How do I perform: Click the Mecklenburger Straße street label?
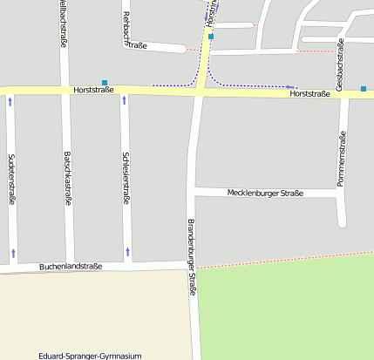point(265,193)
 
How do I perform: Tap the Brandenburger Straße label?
point(193,258)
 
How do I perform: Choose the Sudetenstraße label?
point(11,179)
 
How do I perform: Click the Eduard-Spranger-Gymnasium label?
point(90,356)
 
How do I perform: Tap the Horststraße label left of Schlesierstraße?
point(94,90)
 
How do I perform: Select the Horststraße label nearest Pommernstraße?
point(309,93)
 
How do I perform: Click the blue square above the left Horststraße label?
point(105,83)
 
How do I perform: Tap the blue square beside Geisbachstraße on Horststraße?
point(364,89)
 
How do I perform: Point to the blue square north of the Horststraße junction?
point(211,37)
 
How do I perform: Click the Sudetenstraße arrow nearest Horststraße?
point(10,101)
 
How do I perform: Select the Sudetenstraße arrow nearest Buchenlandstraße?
point(13,253)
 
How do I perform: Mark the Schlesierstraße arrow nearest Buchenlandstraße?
point(128,252)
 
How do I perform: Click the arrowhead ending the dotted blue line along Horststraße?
point(289,86)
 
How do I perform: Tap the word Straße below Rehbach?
point(137,45)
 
